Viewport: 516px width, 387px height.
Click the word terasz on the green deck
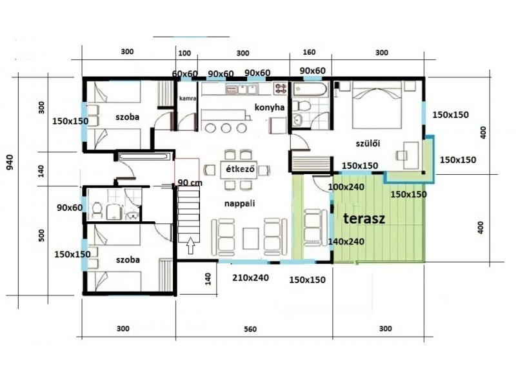click(364, 219)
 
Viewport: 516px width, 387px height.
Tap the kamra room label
click(188, 98)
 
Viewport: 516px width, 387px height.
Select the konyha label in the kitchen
click(270, 107)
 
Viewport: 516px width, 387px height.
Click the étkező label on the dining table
click(240, 169)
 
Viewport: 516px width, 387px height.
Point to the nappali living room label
click(239, 203)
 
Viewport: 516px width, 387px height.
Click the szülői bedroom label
click(368, 143)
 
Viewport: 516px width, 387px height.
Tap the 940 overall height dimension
click(10, 162)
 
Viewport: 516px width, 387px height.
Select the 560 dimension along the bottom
click(250, 329)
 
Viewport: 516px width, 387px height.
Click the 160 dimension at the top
click(309, 52)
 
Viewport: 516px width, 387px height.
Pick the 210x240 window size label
click(250, 278)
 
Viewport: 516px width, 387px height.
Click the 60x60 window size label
click(184, 74)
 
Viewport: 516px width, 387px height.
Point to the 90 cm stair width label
click(190, 183)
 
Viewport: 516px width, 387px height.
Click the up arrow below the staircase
click(191, 246)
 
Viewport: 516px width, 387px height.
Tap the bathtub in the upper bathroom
click(310, 90)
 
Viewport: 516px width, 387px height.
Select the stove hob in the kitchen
click(281, 88)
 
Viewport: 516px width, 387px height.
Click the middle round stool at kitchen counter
click(226, 128)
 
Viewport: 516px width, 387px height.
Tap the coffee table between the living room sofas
click(251, 238)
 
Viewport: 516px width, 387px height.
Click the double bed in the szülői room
click(377, 104)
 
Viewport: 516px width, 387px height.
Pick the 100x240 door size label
click(346, 187)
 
